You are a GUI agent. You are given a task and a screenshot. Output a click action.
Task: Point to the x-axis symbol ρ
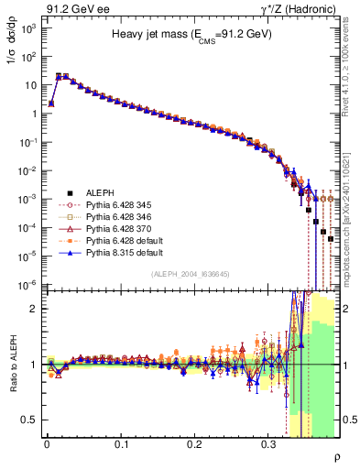coord(337,457)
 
